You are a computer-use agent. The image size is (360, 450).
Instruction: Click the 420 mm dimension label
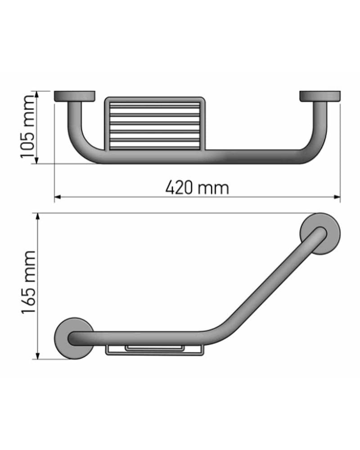pyautogui.click(x=197, y=188)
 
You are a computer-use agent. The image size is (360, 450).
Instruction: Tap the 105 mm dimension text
pyautogui.click(x=28, y=127)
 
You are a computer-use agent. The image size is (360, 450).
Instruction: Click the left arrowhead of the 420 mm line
pyautogui.click(x=58, y=197)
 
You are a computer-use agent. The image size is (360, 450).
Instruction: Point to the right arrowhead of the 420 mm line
pyautogui.click(x=337, y=197)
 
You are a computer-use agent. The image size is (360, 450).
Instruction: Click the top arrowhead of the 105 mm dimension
pyautogui.click(x=36, y=94)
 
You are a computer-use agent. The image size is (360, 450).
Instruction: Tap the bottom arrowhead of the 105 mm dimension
pyautogui.click(x=36, y=161)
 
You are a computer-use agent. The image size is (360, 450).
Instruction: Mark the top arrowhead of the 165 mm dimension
pyautogui.click(x=37, y=216)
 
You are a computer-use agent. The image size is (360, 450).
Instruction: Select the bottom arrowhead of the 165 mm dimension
pyautogui.click(x=37, y=355)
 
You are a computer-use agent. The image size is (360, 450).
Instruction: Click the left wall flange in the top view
pyautogui.click(x=75, y=96)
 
